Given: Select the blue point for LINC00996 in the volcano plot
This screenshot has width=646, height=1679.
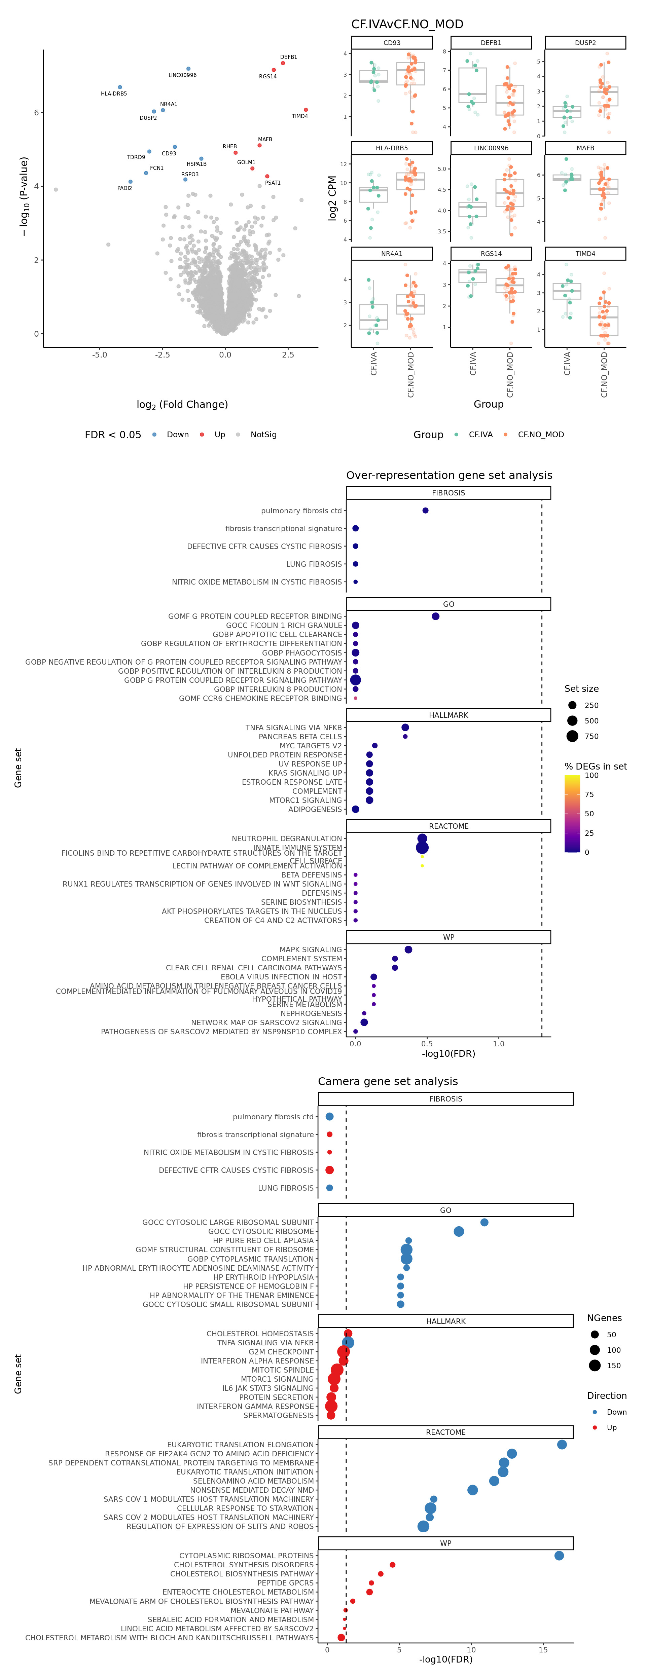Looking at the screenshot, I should (x=188, y=68).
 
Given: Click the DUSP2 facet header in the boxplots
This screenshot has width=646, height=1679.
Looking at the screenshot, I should (x=585, y=43).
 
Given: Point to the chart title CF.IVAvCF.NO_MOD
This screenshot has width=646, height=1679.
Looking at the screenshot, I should (x=407, y=24).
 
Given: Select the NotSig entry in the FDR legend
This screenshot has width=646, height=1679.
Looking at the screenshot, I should (x=263, y=435).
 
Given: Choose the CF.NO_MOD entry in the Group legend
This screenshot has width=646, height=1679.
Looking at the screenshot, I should (x=540, y=435).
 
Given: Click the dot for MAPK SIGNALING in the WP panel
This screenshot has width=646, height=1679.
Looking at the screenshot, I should (x=408, y=950).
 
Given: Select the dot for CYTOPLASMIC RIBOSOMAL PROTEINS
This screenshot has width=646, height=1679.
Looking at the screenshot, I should (x=559, y=1556).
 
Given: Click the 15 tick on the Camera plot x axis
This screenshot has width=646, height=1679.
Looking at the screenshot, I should (x=543, y=1650).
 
